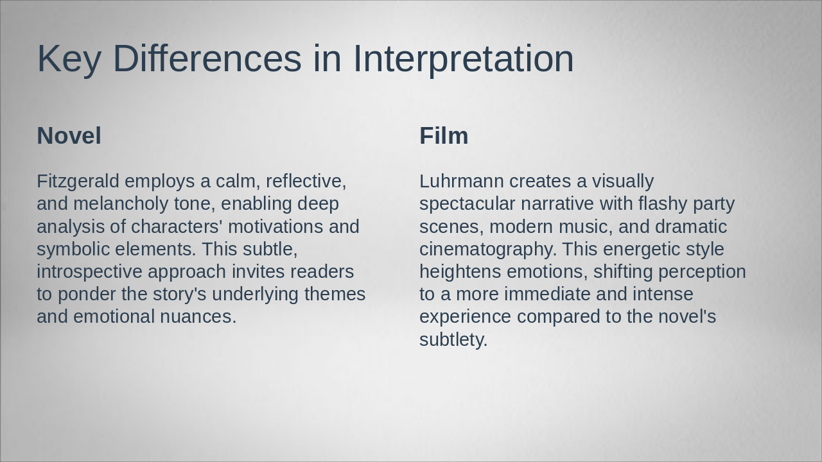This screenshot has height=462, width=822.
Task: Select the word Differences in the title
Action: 207,58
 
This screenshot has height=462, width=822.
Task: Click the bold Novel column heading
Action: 69,135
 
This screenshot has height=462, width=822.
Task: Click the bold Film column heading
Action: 444,135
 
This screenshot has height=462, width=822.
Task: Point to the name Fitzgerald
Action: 78,182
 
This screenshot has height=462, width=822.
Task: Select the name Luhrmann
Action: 462,181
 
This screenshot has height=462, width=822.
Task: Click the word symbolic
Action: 73,250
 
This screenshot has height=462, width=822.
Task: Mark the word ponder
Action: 87,295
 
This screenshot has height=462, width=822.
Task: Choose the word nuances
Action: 198,317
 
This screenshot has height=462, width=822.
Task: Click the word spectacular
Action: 468,204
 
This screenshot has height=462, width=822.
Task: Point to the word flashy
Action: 662,204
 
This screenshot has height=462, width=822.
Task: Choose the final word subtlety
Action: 453,340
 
